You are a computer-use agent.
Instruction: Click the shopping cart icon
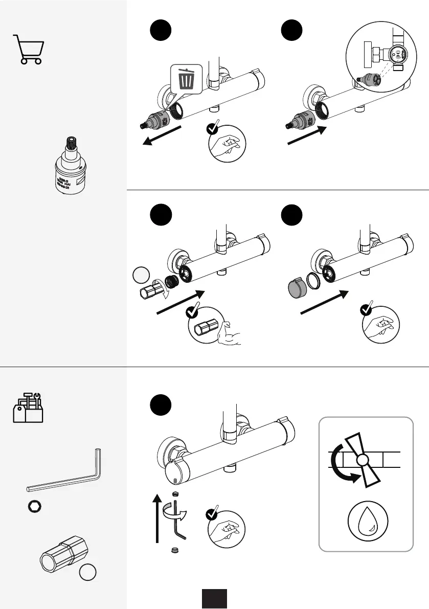[x=28, y=49]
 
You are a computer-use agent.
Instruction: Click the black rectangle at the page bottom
[x=214, y=598]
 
